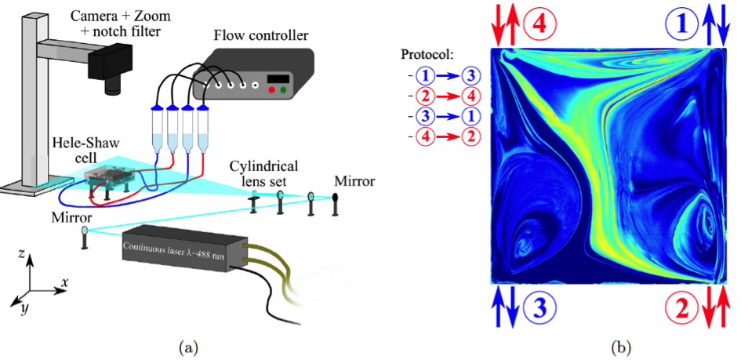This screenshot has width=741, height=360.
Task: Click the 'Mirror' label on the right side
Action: tap(354, 181)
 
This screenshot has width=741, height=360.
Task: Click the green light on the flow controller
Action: tap(282, 91)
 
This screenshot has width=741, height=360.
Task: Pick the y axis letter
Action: tap(26, 307)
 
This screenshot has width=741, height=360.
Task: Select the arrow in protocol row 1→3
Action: tap(449, 77)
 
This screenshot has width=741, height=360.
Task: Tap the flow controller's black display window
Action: tap(278, 78)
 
